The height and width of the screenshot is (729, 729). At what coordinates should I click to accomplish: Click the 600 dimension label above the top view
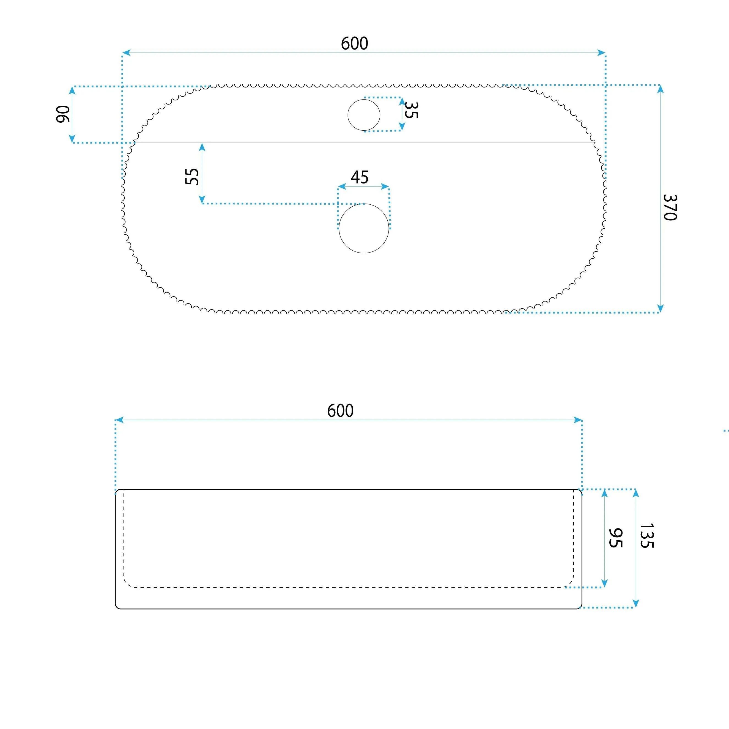point(354,43)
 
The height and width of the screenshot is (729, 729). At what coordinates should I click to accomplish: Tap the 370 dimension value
point(670,207)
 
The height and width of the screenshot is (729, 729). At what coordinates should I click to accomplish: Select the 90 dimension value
point(63,114)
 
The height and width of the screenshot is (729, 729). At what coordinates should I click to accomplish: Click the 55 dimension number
point(192,176)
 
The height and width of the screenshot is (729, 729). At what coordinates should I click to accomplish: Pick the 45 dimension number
point(360,177)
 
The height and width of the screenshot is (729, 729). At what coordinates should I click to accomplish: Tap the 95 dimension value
point(615,538)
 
